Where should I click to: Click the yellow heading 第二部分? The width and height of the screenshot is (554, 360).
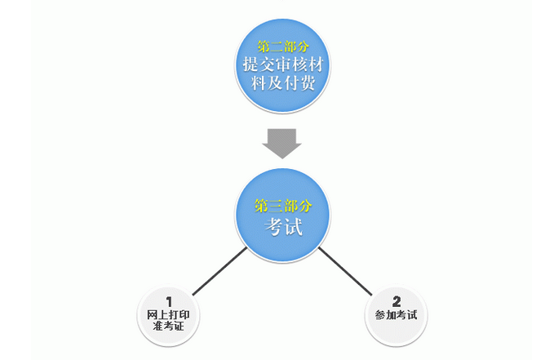click(283, 47)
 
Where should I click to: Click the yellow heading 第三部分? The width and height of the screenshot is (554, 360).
click(283, 206)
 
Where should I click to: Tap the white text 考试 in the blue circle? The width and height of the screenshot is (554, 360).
click(283, 226)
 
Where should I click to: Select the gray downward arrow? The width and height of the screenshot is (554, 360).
click(281, 144)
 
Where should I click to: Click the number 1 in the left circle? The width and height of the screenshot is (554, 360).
click(169, 302)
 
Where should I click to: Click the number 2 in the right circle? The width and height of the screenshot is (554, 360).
click(397, 301)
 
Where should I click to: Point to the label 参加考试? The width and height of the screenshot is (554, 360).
click(396, 315)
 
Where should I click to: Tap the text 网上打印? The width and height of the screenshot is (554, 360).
click(169, 314)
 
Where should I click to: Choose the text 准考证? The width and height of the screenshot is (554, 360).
click(169, 326)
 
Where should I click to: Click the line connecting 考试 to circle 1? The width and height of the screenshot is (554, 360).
click(219, 271)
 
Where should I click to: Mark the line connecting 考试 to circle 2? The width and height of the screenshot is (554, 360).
click(345, 271)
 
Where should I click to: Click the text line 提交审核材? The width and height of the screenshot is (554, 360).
click(283, 64)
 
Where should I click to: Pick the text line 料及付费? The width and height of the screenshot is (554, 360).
click(283, 83)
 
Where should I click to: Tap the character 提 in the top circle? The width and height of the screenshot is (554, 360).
click(250, 64)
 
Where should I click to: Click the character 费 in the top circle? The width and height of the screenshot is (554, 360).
click(308, 83)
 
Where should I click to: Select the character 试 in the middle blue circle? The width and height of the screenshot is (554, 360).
click(294, 227)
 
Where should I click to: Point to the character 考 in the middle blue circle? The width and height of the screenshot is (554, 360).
click(274, 227)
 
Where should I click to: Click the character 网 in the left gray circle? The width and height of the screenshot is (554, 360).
click(153, 315)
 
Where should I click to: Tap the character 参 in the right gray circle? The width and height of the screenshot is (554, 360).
click(380, 315)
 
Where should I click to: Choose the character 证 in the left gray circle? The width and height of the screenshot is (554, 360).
click(179, 326)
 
